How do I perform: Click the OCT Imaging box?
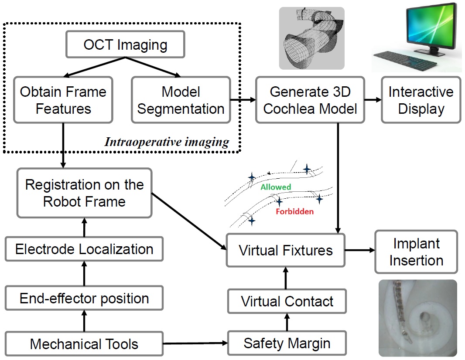[125, 44]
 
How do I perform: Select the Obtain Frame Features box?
[63, 100]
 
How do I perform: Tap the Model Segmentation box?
[181, 100]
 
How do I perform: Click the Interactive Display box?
[421, 100]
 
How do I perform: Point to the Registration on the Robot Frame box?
[84, 193]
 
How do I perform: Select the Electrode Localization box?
[84, 249]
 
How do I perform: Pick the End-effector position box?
[84, 299]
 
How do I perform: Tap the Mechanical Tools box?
[84, 344]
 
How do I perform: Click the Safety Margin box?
[287, 343]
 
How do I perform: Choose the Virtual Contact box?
[287, 301]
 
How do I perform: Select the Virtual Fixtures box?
[286, 250]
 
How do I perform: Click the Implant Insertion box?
[416, 252]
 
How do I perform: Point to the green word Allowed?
[276, 187]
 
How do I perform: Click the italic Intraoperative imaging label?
[166, 142]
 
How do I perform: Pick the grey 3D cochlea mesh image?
[311, 38]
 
